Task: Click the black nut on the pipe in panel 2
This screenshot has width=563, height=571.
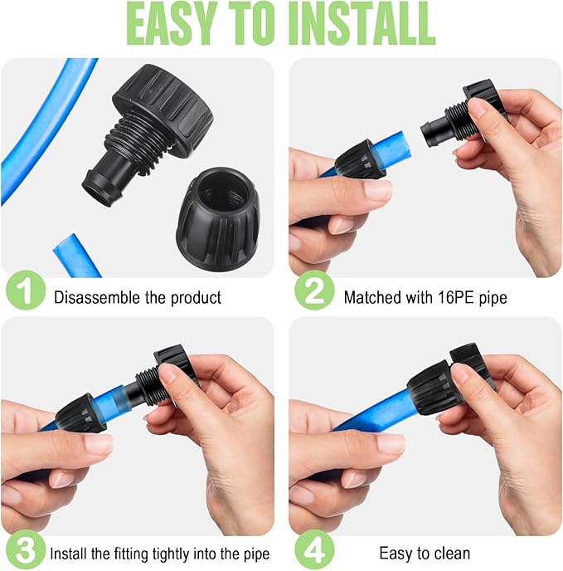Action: click(360, 159)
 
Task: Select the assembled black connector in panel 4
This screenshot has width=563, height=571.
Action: click(439, 383)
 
